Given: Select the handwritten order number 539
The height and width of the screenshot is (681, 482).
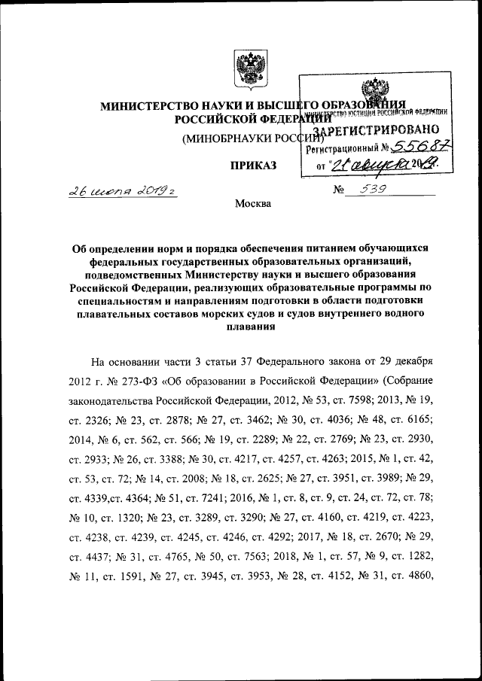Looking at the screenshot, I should point(374,190).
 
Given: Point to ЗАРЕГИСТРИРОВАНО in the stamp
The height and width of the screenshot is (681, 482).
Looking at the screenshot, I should point(380,130).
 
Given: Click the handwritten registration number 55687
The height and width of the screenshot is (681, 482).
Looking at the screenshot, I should point(417,148).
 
